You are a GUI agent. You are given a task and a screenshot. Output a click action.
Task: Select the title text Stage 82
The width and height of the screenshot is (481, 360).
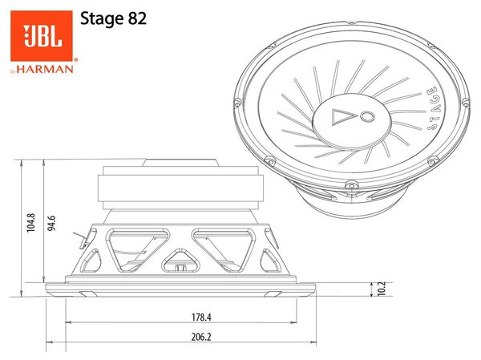[x=113, y=19]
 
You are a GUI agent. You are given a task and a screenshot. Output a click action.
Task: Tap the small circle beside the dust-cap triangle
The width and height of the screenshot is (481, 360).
[x=366, y=118]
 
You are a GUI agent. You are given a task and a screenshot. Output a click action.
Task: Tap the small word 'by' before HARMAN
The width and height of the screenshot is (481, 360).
[x=14, y=70]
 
